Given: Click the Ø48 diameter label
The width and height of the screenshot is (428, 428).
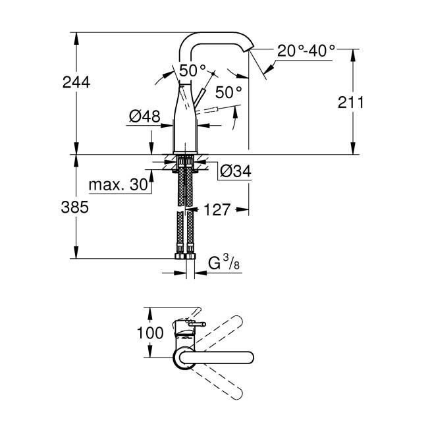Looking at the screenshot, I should point(144,117).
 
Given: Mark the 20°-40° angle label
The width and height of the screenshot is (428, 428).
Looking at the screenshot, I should point(306,51).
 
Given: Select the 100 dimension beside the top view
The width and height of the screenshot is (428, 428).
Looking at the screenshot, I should point(150,333).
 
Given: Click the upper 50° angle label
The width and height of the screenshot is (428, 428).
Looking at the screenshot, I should point(194,70).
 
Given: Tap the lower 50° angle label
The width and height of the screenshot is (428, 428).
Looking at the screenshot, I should point(228,93).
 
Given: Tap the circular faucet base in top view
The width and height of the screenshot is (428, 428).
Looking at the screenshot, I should point(182,358).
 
